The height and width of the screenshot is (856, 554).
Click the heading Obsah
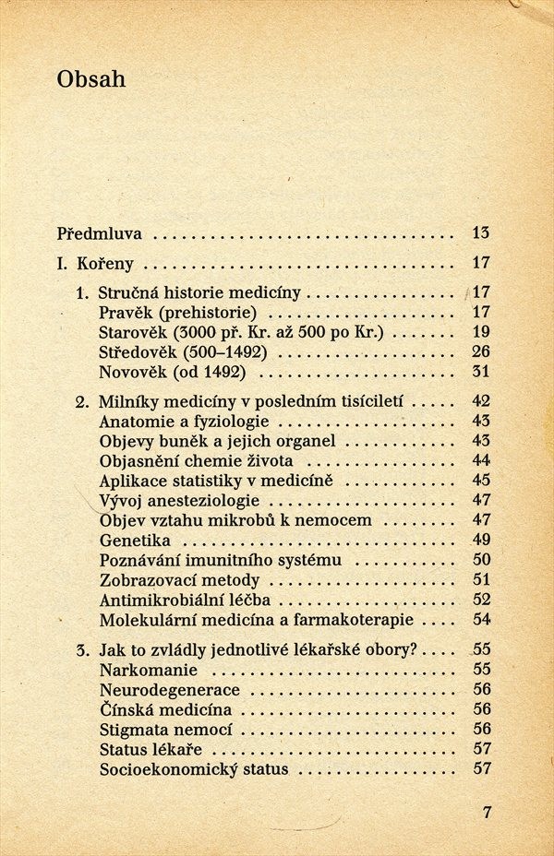pos(90,80)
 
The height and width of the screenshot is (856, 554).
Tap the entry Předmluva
pos(102,232)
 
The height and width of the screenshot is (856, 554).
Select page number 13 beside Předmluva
pos(480,232)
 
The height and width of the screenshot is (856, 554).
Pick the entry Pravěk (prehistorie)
pos(177,312)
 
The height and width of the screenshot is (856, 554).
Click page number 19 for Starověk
pos(480,332)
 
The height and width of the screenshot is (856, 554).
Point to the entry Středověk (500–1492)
pos(183,352)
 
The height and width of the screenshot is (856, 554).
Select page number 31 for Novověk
pos(480,372)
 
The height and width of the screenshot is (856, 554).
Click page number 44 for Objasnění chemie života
pos(480,460)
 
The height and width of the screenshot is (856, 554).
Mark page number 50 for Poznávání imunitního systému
pos(480,560)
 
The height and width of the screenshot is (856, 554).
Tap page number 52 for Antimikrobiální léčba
pos(480,600)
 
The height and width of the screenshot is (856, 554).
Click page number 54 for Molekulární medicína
pos(480,620)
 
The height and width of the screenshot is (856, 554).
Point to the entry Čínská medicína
pos(165,709)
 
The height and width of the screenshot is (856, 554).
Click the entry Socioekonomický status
pos(193,769)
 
